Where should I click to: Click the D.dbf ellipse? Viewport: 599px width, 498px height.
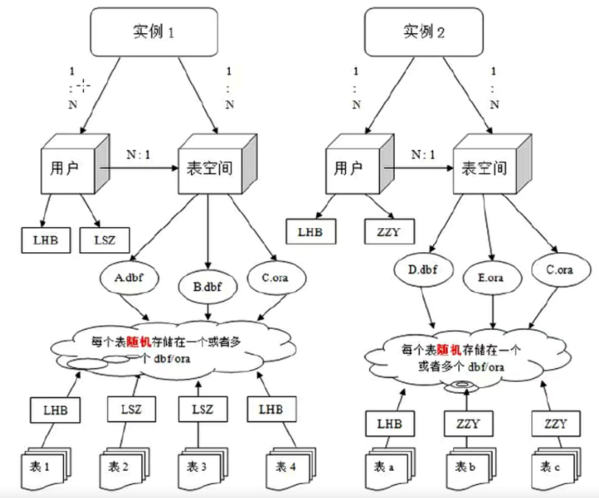click(423, 269)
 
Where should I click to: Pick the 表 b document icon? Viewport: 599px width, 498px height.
click(469, 466)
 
